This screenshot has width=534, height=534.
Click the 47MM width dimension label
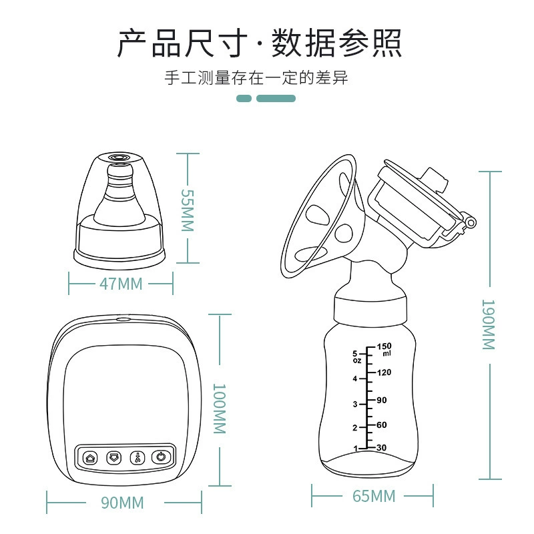click(121, 284)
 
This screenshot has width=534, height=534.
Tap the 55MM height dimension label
click(188, 210)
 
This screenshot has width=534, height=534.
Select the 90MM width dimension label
click(122, 503)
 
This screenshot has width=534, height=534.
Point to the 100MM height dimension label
click(220, 409)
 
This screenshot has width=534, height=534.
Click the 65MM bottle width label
click(374, 496)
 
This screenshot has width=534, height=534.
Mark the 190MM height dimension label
click(489, 324)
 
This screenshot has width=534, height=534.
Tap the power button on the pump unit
click(161, 457)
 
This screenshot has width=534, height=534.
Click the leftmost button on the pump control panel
click(90, 458)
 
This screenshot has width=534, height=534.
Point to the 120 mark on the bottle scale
click(384, 372)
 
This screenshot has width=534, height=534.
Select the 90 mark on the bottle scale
click(382, 400)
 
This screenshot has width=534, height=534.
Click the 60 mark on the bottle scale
click(382, 425)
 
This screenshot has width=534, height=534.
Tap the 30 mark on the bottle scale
click(382, 447)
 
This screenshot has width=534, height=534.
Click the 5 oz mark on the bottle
click(356, 356)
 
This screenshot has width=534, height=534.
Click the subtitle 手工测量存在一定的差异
click(256, 77)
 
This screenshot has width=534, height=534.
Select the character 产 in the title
click(131, 43)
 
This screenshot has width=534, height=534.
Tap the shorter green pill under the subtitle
click(244, 98)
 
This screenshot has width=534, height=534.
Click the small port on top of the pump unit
click(123, 320)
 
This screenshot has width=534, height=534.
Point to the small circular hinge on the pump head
click(471, 223)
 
